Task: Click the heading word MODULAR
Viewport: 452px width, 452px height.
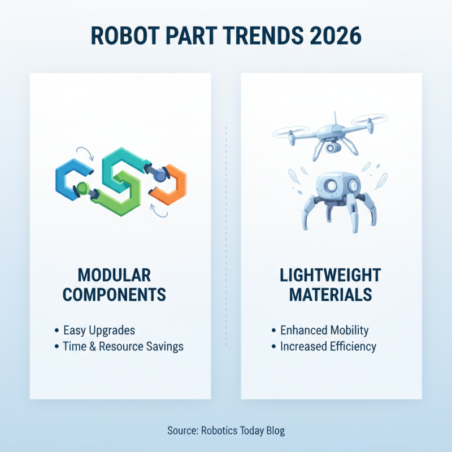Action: tap(114, 276)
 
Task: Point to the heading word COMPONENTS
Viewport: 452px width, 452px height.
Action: tap(114, 295)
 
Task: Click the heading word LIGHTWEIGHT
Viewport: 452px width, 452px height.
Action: tap(330, 276)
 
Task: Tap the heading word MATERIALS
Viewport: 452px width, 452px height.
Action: tap(330, 295)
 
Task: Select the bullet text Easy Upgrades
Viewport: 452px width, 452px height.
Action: tap(99, 330)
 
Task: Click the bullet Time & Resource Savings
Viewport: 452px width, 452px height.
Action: tap(123, 346)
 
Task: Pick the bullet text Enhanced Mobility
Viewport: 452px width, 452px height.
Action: tap(324, 330)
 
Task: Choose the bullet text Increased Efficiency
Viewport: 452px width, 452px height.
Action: tap(328, 346)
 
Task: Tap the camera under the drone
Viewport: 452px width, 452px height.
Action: tap(331, 147)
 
